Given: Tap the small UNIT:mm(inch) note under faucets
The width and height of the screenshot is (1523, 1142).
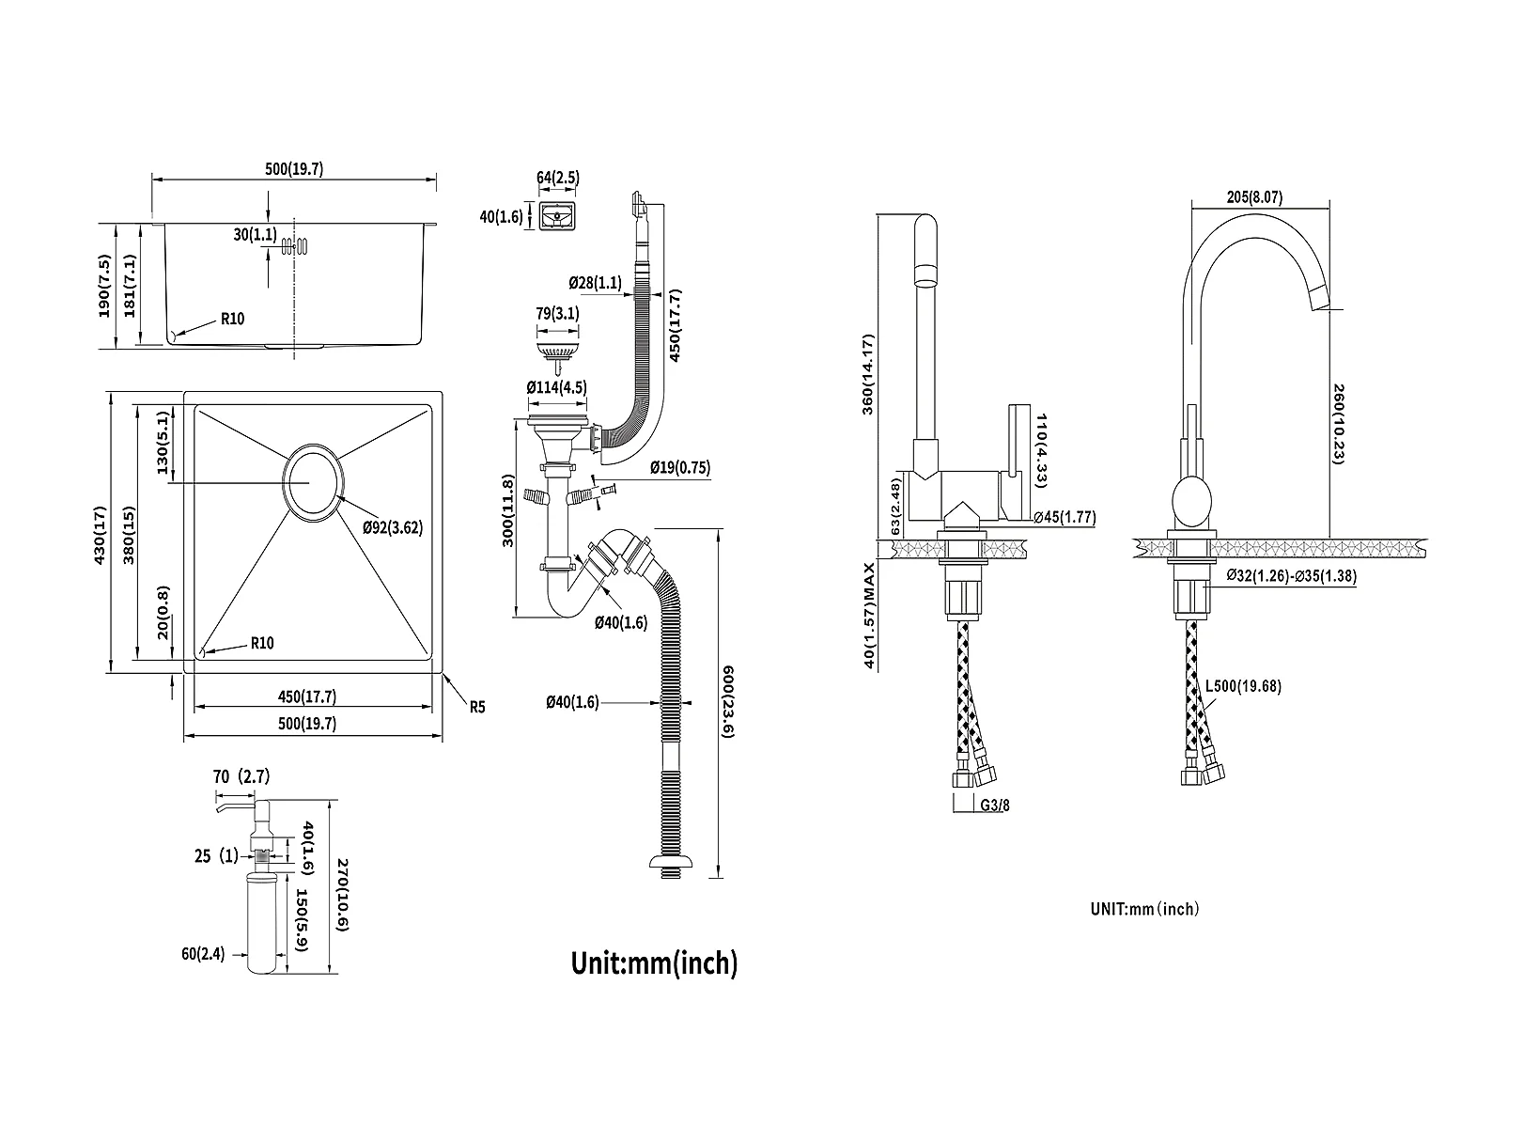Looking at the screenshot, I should [x=1144, y=909].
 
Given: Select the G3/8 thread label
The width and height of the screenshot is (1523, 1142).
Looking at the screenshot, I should [x=996, y=805].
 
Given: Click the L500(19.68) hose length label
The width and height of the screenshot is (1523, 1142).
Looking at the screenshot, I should [x=1243, y=686].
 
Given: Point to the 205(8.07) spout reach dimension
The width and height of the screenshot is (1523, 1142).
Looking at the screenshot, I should [x=1254, y=197].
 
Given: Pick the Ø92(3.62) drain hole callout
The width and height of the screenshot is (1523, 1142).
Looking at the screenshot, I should [x=393, y=527].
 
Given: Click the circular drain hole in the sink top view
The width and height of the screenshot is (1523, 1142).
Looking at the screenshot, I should [x=312, y=481].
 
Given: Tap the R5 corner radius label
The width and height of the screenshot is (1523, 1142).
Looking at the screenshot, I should [x=477, y=707].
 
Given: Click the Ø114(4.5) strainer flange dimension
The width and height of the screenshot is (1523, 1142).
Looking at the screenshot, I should [x=556, y=386].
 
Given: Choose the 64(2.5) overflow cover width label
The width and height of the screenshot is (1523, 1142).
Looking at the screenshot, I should [x=558, y=178].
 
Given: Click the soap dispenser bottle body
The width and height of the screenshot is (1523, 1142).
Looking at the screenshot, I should [x=260, y=921].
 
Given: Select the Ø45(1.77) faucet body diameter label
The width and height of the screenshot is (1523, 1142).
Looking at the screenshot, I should [x=1064, y=517].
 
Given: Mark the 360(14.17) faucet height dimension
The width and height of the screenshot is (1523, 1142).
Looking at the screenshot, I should [x=869, y=373].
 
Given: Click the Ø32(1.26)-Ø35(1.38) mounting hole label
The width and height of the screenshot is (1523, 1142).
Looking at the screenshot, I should [x=1292, y=576].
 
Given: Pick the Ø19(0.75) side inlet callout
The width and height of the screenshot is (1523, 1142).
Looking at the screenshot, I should [x=679, y=468].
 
